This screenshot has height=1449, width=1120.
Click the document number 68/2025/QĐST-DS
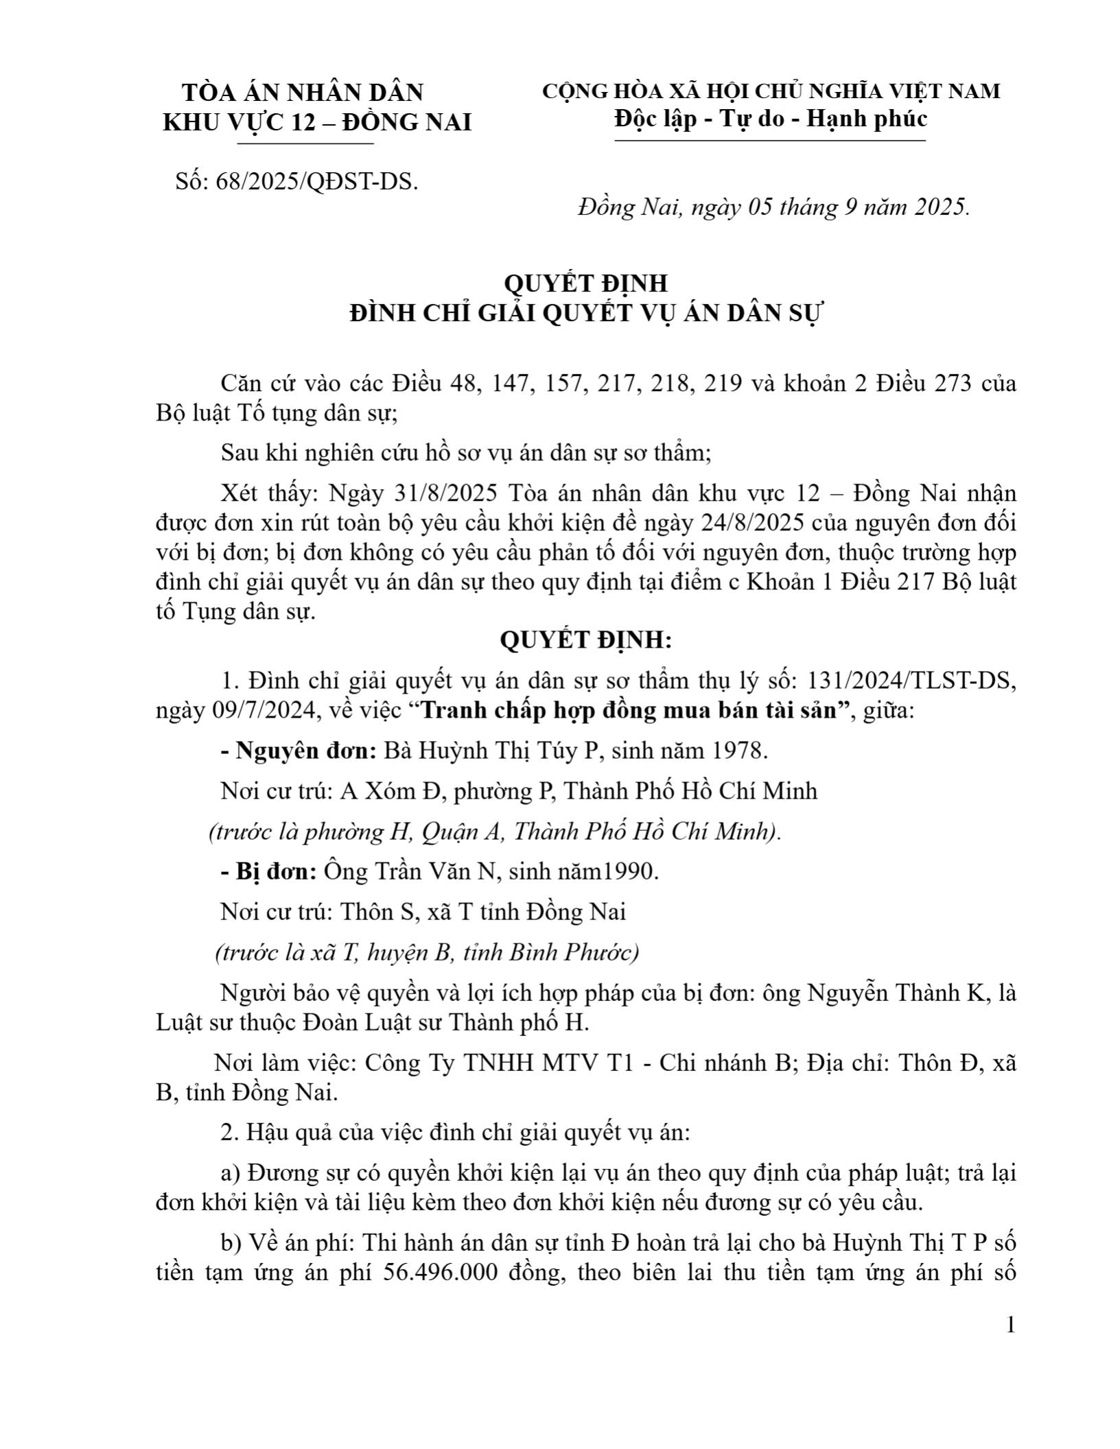click(316, 182)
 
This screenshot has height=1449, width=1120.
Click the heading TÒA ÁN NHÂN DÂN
click(302, 93)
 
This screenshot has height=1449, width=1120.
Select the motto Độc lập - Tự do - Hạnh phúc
click(771, 119)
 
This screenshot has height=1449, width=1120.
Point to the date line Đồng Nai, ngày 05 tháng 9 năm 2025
click(773, 207)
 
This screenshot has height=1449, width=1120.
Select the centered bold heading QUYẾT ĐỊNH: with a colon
click(585, 640)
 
